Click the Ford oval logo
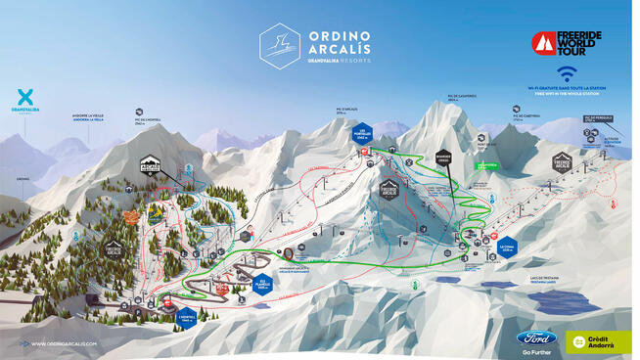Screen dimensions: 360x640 click(x=536, y=337)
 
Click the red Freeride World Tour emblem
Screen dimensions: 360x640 click(x=543, y=44)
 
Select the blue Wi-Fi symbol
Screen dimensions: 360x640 click(x=565, y=74)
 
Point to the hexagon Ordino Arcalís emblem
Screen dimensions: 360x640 click(x=279, y=45)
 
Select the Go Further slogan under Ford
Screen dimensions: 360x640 click(x=536, y=350)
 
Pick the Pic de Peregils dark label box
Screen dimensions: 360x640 click(x=596, y=118)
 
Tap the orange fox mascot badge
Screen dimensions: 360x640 click(x=155, y=208)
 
